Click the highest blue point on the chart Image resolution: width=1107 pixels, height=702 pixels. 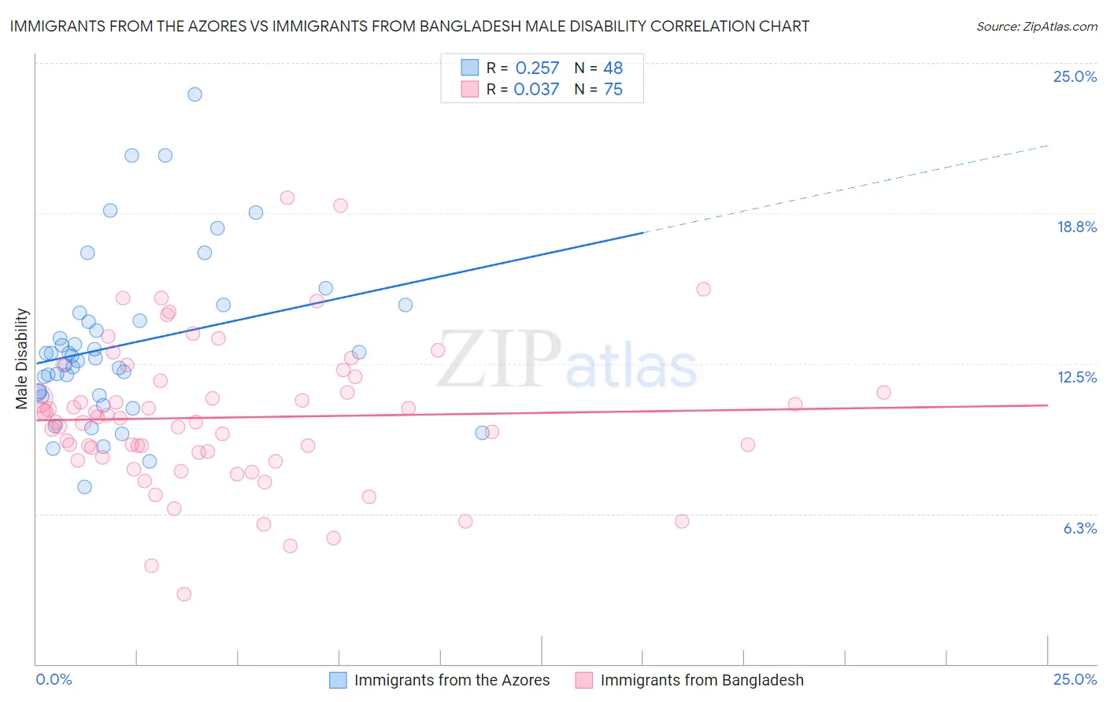(x=194, y=94)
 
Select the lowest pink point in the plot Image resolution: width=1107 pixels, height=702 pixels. (x=184, y=594)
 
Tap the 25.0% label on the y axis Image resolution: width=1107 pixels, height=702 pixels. (x=1075, y=76)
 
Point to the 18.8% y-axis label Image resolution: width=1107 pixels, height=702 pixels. (x=1076, y=227)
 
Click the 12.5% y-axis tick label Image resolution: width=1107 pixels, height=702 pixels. (x=1076, y=377)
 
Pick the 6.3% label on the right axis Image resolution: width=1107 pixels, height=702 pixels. (x=1079, y=528)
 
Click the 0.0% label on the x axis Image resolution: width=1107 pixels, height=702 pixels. (x=54, y=679)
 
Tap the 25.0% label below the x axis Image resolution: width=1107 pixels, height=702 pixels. (x=1075, y=679)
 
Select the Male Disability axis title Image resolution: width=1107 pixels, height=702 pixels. (x=22, y=359)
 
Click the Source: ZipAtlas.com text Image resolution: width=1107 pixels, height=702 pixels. (x=1036, y=26)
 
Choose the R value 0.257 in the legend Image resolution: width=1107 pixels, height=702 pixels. (x=537, y=68)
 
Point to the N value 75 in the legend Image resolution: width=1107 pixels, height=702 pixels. (x=613, y=90)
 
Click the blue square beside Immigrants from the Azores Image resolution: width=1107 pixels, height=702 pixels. (x=338, y=680)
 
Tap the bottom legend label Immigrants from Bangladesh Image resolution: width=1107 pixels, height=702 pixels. (x=702, y=680)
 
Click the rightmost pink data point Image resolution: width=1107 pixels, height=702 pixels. (x=883, y=393)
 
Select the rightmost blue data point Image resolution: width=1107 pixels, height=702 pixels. (x=483, y=433)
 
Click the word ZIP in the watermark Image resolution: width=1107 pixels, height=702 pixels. (x=498, y=359)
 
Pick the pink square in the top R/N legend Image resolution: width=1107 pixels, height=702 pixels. (x=470, y=90)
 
